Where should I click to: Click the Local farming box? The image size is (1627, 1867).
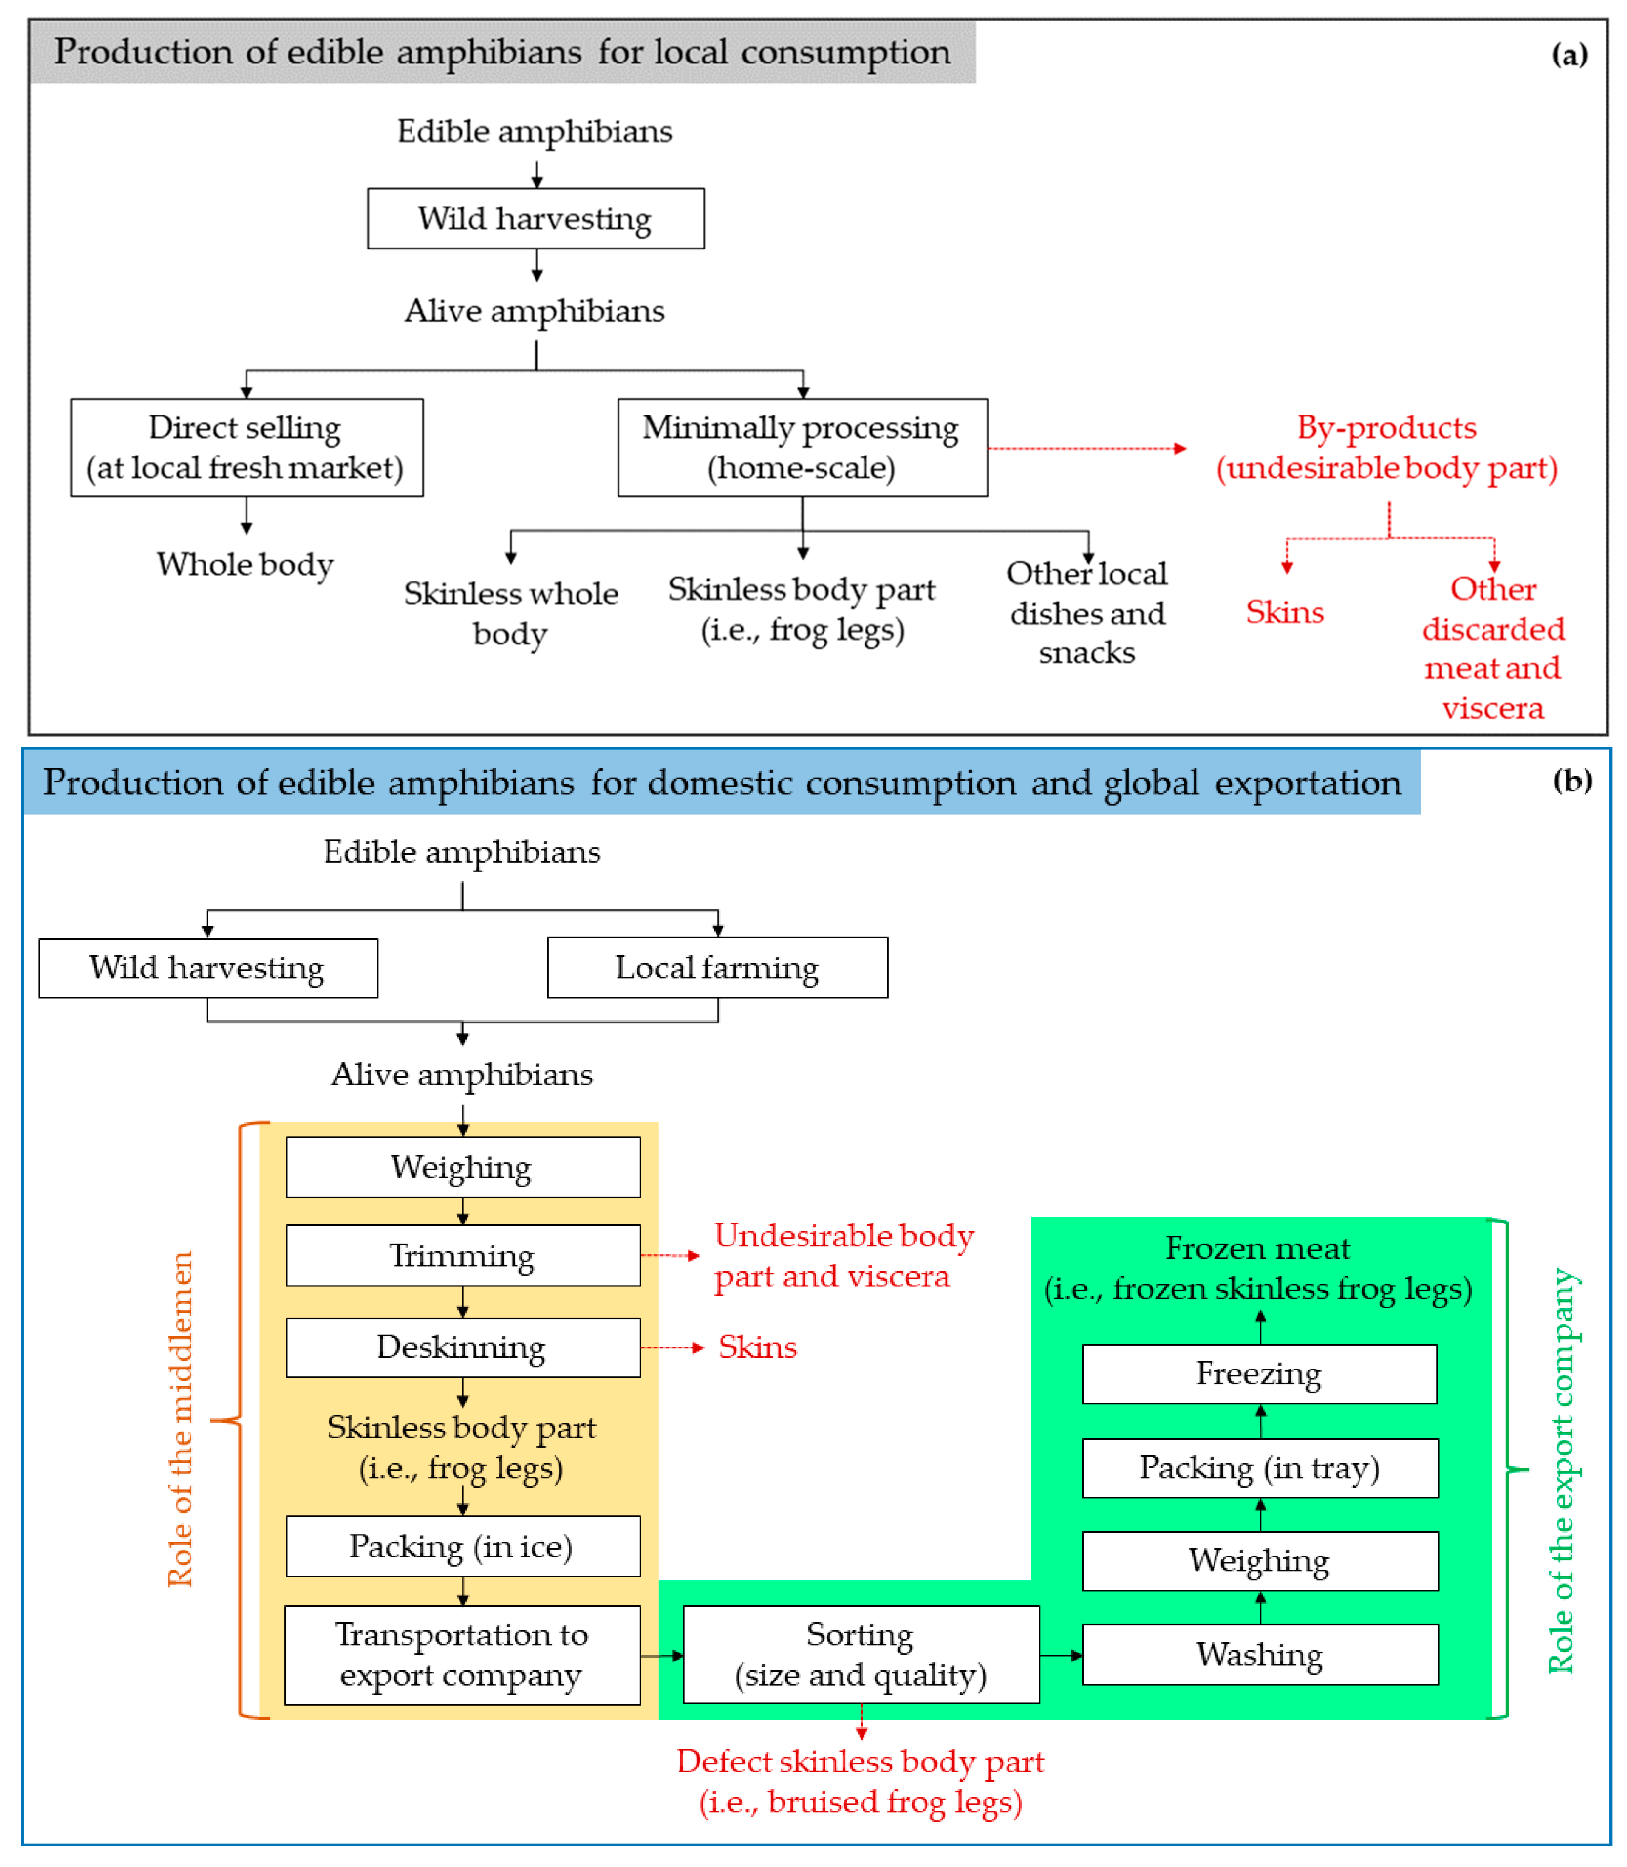coord(717,968)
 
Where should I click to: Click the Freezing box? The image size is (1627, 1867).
coord(1259,1374)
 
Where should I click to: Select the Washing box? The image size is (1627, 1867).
coord(1259,1655)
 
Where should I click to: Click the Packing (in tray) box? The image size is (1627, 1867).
coord(1259,1468)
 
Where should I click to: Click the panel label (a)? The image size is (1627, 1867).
coord(1569,55)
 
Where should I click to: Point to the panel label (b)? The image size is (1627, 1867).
coord(1572,781)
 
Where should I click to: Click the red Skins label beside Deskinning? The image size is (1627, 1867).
coord(757,1348)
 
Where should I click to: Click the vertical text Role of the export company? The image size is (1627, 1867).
coord(1562,1471)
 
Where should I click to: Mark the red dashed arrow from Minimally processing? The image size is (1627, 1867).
coord(1087,448)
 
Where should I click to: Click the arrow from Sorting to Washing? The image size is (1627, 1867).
coord(1060,1655)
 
